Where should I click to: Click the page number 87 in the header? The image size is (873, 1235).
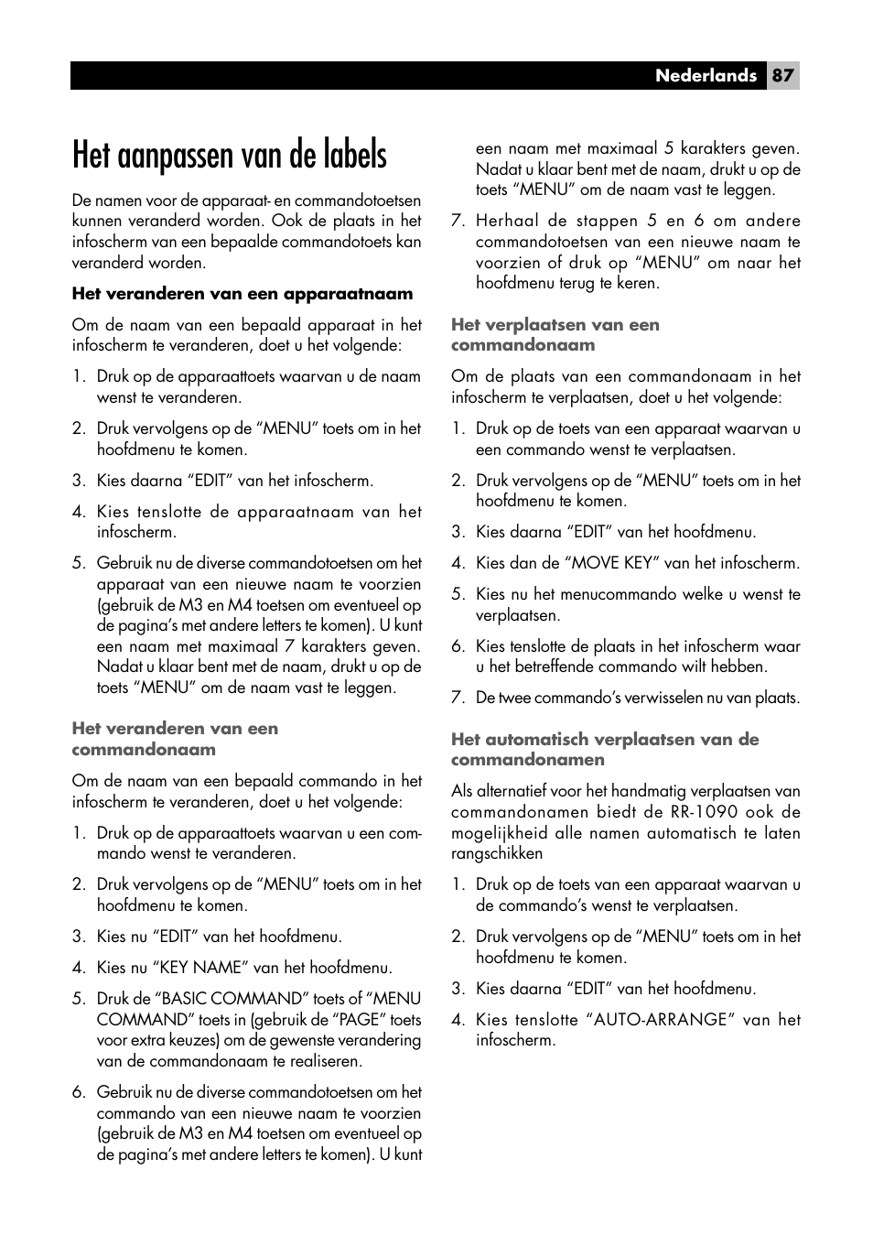(x=782, y=76)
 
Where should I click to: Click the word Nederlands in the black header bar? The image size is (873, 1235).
(x=706, y=76)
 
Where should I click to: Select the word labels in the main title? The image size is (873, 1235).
(x=345, y=156)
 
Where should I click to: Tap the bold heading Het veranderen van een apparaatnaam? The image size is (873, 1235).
(x=242, y=294)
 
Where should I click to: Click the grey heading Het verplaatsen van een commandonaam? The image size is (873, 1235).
(x=555, y=335)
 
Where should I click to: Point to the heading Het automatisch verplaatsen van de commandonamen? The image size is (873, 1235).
(x=604, y=749)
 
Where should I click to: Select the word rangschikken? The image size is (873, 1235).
(x=497, y=853)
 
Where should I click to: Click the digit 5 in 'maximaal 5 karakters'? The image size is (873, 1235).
(x=671, y=148)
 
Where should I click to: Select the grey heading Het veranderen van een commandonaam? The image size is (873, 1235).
(x=175, y=739)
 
